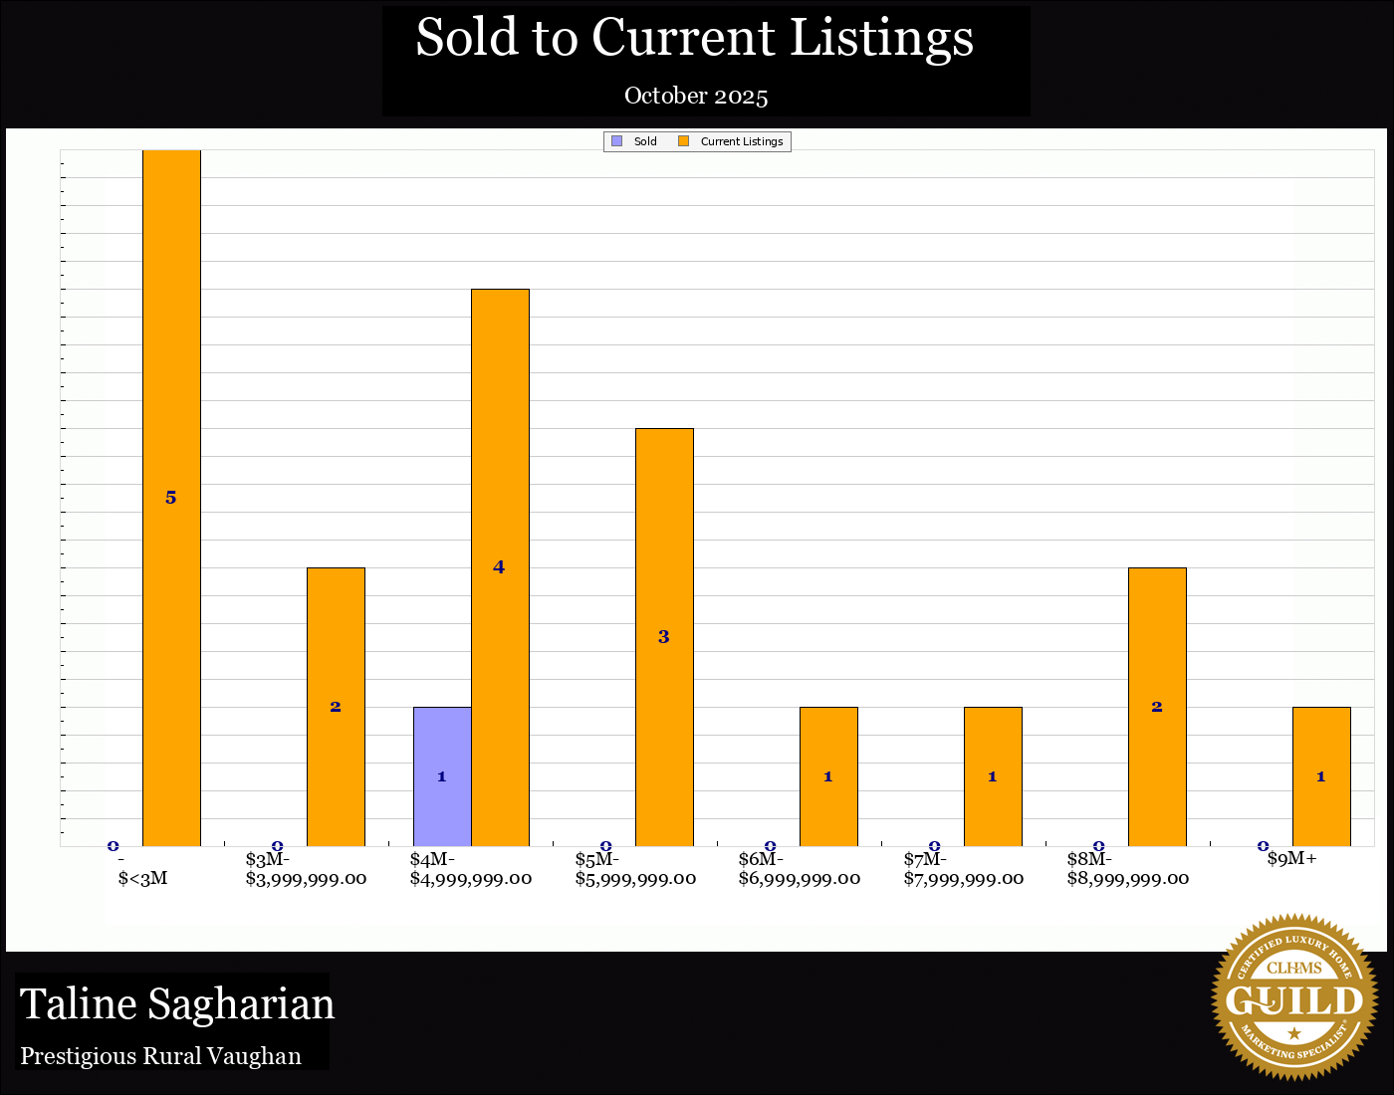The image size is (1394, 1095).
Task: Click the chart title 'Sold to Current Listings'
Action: pyautogui.click(x=694, y=38)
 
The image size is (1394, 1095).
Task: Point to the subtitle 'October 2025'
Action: pyautogui.click(x=696, y=96)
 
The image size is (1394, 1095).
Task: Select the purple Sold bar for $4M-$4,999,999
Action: pyautogui.click(x=442, y=776)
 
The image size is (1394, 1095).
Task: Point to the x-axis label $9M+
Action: pyautogui.click(x=1292, y=859)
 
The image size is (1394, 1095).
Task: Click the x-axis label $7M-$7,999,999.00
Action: pyautogui.click(x=963, y=869)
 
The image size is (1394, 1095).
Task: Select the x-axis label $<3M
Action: pyautogui.click(x=142, y=878)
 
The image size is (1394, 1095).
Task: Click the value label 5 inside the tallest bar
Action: pyautogui.click(x=171, y=498)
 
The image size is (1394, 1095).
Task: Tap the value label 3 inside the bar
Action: pyautogui.click(x=664, y=637)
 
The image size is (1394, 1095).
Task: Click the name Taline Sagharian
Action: pyautogui.click(x=177, y=1004)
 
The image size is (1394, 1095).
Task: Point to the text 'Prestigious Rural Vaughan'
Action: pyautogui.click(x=160, y=1056)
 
